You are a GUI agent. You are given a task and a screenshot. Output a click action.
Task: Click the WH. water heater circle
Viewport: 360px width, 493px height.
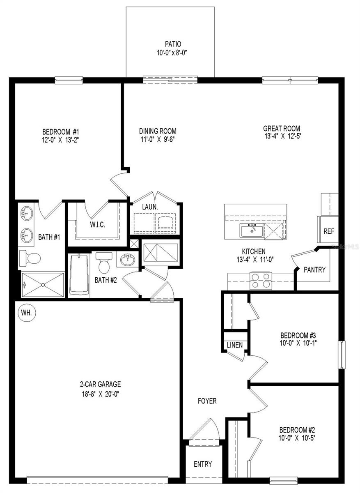28,313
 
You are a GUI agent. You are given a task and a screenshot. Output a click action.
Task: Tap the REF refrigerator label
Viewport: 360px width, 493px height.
329,231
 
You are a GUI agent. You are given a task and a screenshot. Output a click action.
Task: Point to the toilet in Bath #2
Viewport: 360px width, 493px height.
103,263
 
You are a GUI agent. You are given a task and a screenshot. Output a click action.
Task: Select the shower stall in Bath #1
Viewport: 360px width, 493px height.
43,284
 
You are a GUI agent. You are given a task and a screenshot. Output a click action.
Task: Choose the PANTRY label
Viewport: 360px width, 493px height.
314,270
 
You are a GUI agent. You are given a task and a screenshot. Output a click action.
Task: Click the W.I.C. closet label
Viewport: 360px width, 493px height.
98,225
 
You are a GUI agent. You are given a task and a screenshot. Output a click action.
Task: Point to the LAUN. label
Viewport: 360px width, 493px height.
150,207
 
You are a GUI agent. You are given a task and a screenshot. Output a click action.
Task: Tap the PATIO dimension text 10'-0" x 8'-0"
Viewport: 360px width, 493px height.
173,52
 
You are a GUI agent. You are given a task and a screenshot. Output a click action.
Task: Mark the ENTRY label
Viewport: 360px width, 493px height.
203,464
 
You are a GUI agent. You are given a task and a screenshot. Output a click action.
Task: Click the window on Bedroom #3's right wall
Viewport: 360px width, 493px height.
342,355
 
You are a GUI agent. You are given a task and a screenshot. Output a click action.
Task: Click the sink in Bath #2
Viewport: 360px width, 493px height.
127,260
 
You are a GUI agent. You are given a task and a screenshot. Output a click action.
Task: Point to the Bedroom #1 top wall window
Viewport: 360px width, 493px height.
69,81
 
